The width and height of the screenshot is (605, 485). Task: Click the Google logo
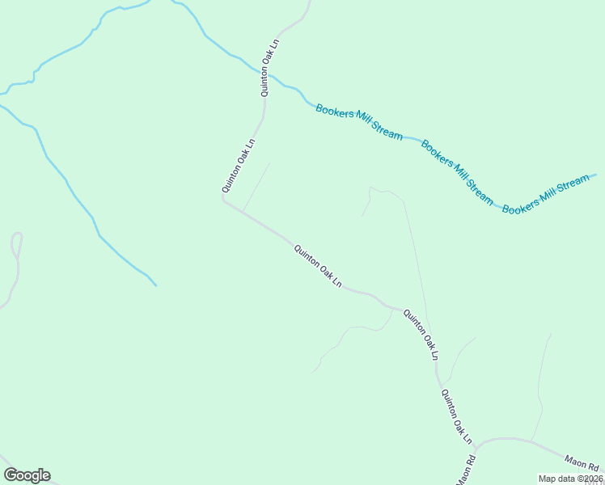(x=27, y=475)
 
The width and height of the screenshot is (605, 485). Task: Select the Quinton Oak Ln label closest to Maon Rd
(x=455, y=417)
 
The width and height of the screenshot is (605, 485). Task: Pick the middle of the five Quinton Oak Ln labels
(x=318, y=267)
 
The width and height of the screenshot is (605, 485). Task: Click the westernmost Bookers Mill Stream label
(x=359, y=122)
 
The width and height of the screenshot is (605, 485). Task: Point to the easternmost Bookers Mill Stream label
(x=547, y=195)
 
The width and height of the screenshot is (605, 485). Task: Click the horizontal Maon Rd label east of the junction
(x=581, y=467)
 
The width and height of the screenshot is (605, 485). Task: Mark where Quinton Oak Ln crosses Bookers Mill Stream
(x=268, y=74)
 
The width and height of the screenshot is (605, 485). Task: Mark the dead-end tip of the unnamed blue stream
(x=155, y=285)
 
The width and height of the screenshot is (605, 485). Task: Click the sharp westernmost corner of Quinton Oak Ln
(x=223, y=199)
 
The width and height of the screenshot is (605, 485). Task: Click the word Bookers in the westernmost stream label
(x=334, y=113)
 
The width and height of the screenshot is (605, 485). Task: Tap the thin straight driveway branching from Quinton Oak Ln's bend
(x=256, y=187)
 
